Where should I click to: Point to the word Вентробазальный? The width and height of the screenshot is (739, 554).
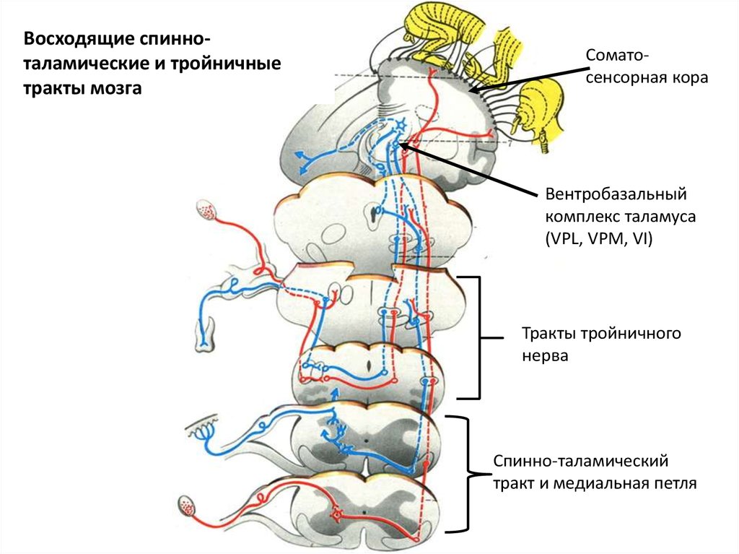[615, 194]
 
